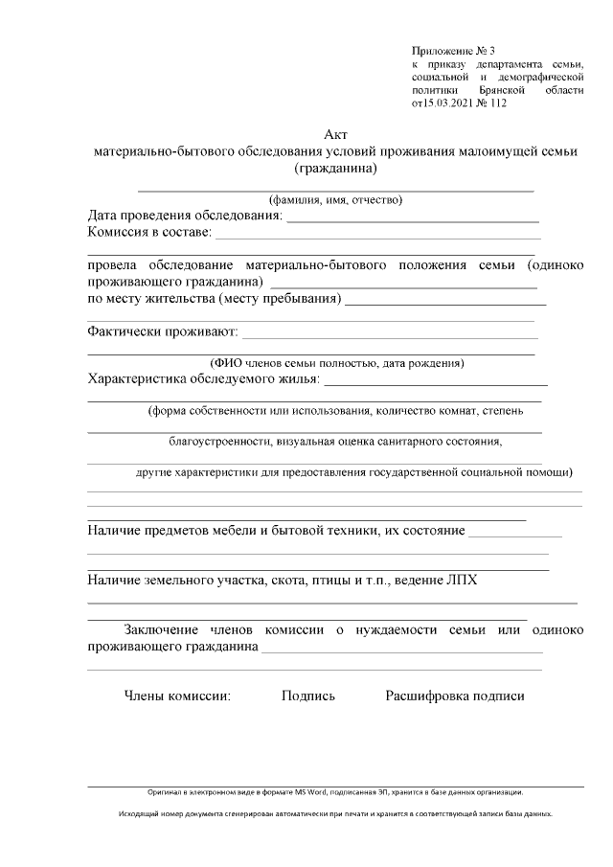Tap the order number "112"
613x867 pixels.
(497, 103)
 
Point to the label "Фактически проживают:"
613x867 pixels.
(162, 333)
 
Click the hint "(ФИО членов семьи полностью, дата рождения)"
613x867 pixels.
(337, 363)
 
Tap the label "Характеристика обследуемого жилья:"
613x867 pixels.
(204, 379)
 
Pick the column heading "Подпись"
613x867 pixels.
(308, 696)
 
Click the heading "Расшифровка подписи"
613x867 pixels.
(455, 696)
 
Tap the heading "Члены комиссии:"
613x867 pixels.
(178, 696)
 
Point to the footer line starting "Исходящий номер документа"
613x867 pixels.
(335, 813)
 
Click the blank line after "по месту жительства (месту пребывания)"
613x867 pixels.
(445, 302)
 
